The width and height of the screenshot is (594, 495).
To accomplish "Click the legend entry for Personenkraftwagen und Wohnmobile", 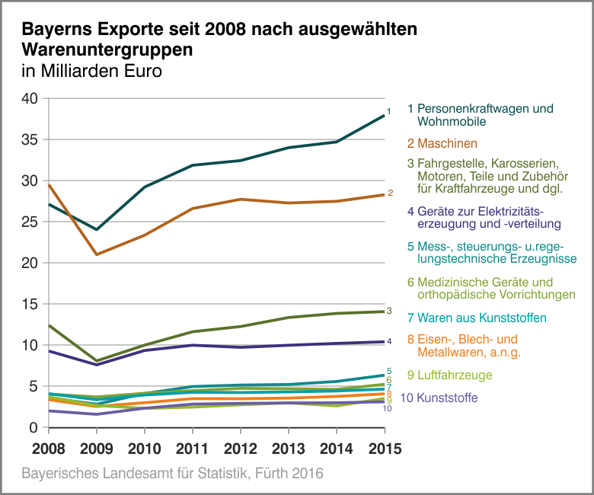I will [x=480, y=115].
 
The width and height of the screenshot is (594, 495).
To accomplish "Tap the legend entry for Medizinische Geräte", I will [x=491, y=288].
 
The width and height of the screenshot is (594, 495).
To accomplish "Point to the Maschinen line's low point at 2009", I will [x=96, y=254].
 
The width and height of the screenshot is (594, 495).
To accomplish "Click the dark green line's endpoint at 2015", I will [x=383, y=116].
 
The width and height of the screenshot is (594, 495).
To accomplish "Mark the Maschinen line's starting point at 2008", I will [x=48, y=185].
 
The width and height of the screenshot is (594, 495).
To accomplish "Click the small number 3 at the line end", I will [x=389, y=311].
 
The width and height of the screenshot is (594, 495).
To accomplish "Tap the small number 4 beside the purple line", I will [x=389, y=341].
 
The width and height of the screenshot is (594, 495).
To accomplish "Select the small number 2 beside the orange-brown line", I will [x=390, y=193].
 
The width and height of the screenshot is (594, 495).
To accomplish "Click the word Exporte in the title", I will [x=130, y=30].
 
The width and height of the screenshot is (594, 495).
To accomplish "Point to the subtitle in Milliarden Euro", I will [x=91, y=72].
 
